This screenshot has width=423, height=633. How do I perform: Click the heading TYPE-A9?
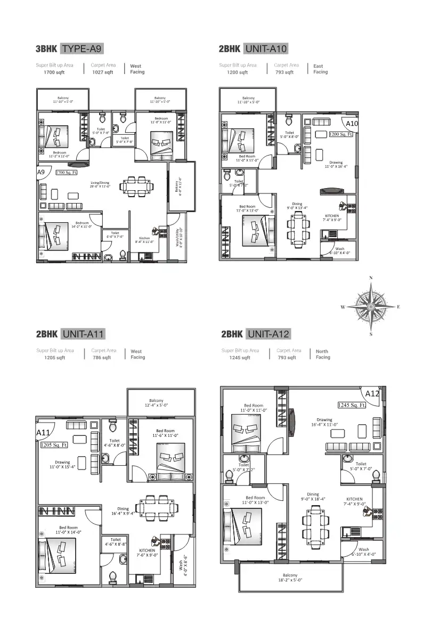pyautogui.click(x=82, y=49)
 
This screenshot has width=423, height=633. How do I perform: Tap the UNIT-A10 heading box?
pyautogui.click(x=266, y=49)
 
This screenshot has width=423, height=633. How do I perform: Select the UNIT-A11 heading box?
pyautogui.click(x=83, y=334)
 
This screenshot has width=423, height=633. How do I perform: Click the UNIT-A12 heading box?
pyautogui.click(x=269, y=334)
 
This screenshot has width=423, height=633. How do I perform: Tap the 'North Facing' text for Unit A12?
pyautogui.click(x=322, y=354)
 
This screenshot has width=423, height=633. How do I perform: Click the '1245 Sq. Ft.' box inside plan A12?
pyautogui.click(x=351, y=405)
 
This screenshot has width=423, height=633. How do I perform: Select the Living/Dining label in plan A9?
pyautogui.click(x=100, y=184)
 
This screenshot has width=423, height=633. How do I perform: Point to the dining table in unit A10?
pyautogui.click(x=298, y=228)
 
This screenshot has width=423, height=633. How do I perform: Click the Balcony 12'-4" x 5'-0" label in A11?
pyautogui.click(x=156, y=403)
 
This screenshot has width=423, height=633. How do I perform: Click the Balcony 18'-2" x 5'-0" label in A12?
pyautogui.click(x=290, y=578)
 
